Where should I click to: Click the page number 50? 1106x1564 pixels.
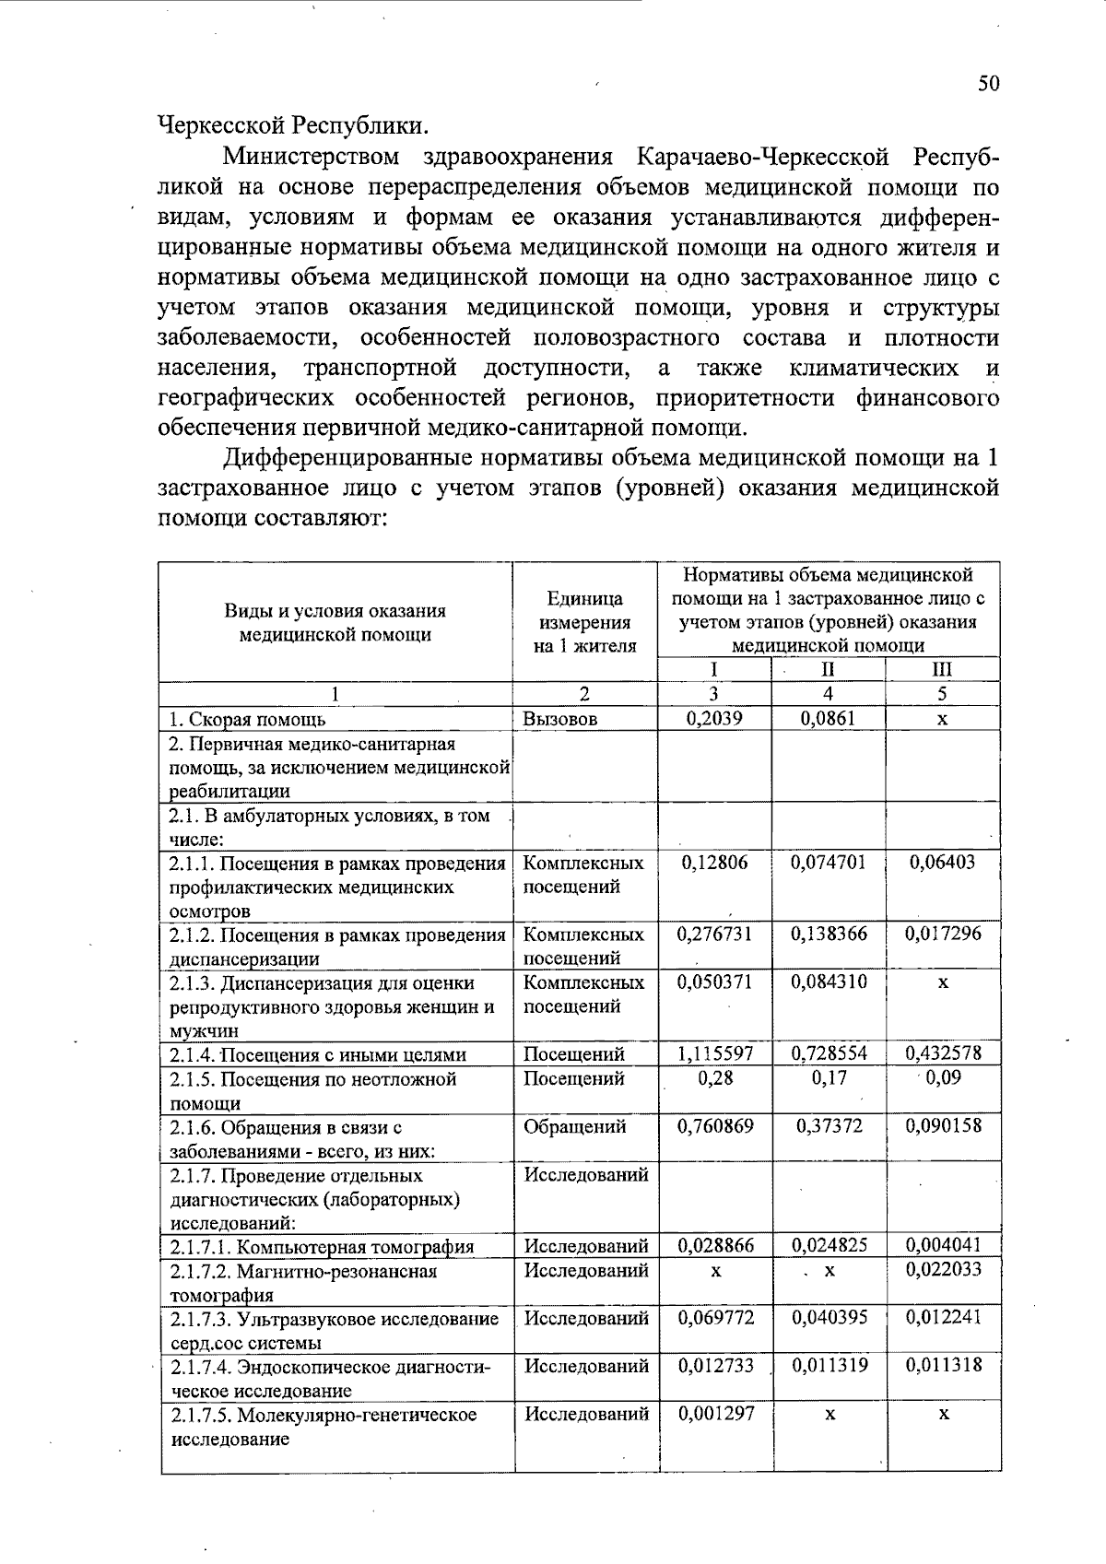988,84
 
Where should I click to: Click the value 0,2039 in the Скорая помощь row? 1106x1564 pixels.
714,719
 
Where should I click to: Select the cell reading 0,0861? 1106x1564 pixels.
829,719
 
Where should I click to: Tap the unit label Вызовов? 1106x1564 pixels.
560,720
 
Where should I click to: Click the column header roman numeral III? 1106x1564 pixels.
942,670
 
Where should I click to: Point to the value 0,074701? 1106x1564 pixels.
829,863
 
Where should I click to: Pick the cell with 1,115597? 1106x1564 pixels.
714,1053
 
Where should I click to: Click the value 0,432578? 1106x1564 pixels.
942,1053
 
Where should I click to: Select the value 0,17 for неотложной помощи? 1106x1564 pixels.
829,1077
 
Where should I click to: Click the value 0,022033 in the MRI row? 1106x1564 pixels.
942,1270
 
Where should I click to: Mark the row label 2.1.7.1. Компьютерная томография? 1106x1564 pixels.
323,1247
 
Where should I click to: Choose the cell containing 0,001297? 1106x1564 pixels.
714,1414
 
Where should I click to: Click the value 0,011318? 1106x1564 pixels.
942,1366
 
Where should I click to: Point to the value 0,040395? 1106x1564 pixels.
829,1318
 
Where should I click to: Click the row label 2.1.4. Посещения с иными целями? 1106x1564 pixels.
318,1055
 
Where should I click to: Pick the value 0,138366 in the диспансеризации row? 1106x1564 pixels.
829,934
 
